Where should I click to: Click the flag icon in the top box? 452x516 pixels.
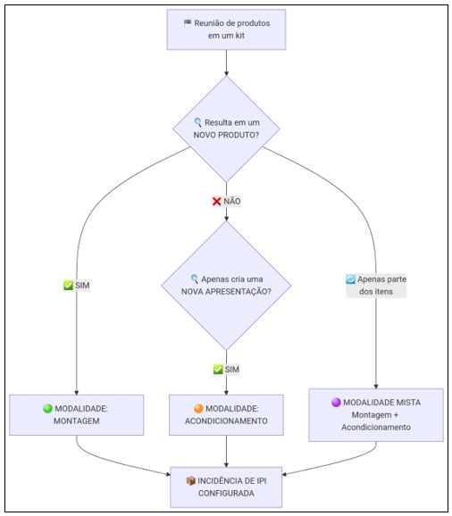(x=188, y=22)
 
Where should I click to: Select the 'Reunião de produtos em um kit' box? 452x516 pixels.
(x=226, y=29)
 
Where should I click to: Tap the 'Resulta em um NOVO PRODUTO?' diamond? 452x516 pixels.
(x=226, y=129)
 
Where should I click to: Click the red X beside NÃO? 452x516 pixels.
(x=216, y=201)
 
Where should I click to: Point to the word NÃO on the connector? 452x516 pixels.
(x=232, y=201)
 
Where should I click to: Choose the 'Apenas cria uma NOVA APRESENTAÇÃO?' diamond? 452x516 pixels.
(x=226, y=286)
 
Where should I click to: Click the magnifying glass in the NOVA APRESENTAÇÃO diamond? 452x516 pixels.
(x=195, y=279)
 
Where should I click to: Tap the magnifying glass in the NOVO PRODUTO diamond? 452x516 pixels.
(x=197, y=122)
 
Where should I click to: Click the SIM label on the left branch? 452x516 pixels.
(x=77, y=286)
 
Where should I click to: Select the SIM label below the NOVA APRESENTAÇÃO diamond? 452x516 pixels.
(x=226, y=370)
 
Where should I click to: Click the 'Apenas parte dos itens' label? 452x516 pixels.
(x=376, y=286)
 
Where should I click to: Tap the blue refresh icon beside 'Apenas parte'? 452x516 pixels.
(x=350, y=279)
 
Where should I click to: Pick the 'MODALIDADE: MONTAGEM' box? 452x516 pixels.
(x=77, y=415)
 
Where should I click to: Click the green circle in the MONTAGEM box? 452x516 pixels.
(x=47, y=408)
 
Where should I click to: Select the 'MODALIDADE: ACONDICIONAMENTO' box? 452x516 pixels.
(x=226, y=415)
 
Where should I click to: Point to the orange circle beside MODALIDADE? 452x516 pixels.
(x=198, y=408)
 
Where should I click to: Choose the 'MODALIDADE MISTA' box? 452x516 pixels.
(x=376, y=415)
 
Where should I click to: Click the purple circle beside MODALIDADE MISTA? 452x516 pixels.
(x=336, y=402)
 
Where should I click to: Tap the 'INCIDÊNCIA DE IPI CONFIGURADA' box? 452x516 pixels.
(x=226, y=487)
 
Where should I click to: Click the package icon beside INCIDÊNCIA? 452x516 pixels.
(x=190, y=481)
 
